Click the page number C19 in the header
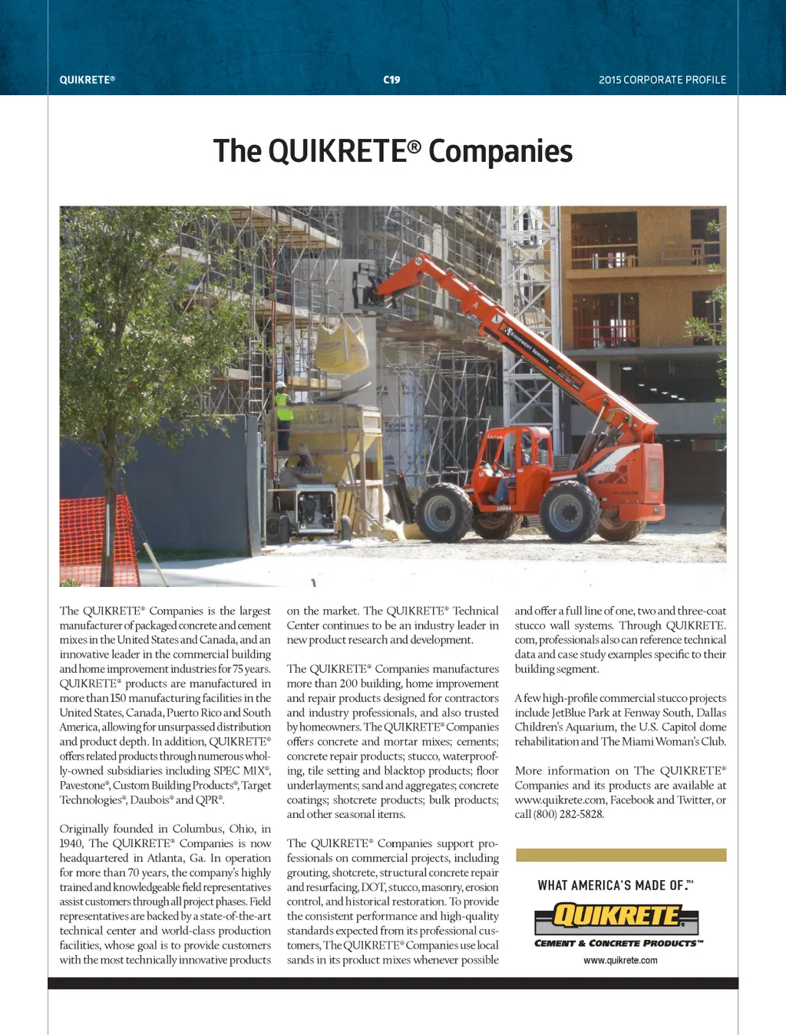point(391,80)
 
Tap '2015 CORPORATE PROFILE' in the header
point(662,80)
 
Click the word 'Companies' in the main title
point(500,151)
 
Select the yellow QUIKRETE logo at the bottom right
point(617,916)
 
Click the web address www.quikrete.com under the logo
point(620,961)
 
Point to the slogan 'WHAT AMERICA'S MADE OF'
point(615,885)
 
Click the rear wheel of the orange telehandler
point(444,512)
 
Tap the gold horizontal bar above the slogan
point(620,855)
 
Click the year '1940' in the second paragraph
point(71,843)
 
